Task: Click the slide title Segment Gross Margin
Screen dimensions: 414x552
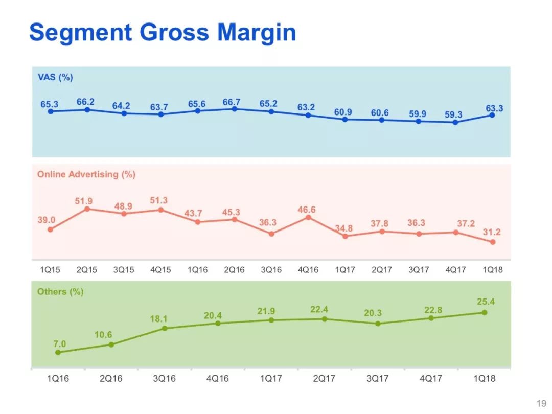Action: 163,32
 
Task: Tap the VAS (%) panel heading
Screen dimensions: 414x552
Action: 55,77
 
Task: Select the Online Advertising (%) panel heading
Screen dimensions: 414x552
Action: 86,174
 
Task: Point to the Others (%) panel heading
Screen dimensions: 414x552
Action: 60,292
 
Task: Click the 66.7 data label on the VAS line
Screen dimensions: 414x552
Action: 232,102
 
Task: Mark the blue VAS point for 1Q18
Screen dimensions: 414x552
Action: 492,115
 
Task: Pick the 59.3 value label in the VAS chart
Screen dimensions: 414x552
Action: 453,115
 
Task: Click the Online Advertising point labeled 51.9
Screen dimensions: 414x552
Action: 87,209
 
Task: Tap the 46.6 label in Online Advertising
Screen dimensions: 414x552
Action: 306,209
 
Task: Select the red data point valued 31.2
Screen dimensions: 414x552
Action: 493,242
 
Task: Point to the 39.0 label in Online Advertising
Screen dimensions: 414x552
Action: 46,220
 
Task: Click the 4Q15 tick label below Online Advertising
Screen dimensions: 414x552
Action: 160,270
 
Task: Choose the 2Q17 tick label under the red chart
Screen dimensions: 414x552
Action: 381,270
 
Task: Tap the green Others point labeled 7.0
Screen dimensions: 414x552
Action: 58,352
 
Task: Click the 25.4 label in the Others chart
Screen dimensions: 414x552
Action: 486,302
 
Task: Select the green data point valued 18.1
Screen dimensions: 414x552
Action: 165,328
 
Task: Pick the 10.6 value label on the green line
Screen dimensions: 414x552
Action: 103,335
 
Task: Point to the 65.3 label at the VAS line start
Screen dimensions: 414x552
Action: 50,104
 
